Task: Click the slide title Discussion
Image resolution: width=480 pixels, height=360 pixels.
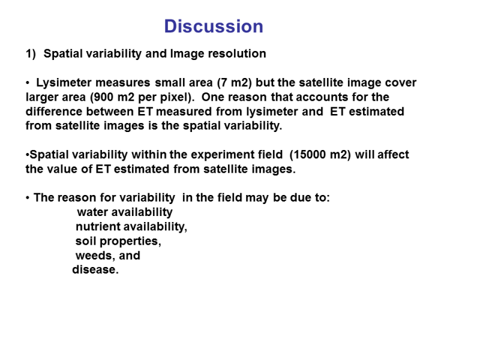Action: (214, 26)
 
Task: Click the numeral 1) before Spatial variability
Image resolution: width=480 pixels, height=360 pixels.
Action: (31, 54)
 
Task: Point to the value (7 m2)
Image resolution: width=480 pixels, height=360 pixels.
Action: (235, 83)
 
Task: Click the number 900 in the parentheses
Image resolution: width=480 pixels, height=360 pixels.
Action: (104, 97)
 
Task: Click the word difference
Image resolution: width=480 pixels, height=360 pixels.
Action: (54, 112)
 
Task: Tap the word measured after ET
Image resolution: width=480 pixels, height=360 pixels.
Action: (184, 112)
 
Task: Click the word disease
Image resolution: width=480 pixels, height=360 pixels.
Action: (95, 269)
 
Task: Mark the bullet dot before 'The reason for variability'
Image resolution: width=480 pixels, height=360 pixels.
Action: (28, 198)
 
